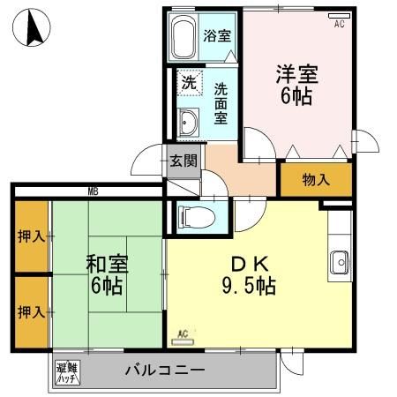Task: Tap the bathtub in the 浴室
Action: click(x=184, y=39)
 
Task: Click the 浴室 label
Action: click(x=217, y=37)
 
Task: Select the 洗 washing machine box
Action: click(x=189, y=83)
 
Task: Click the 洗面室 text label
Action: click(x=221, y=102)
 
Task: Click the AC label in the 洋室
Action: click(x=339, y=25)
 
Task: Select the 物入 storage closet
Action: click(x=316, y=180)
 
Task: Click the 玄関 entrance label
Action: click(x=184, y=161)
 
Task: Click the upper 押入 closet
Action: click(x=31, y=236)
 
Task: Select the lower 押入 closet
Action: click(x=31, y=311)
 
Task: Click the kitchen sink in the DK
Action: click(x=340, y=262)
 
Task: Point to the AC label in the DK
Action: click(x=184, y=333)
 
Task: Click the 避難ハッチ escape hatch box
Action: click(x=67, y=372)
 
